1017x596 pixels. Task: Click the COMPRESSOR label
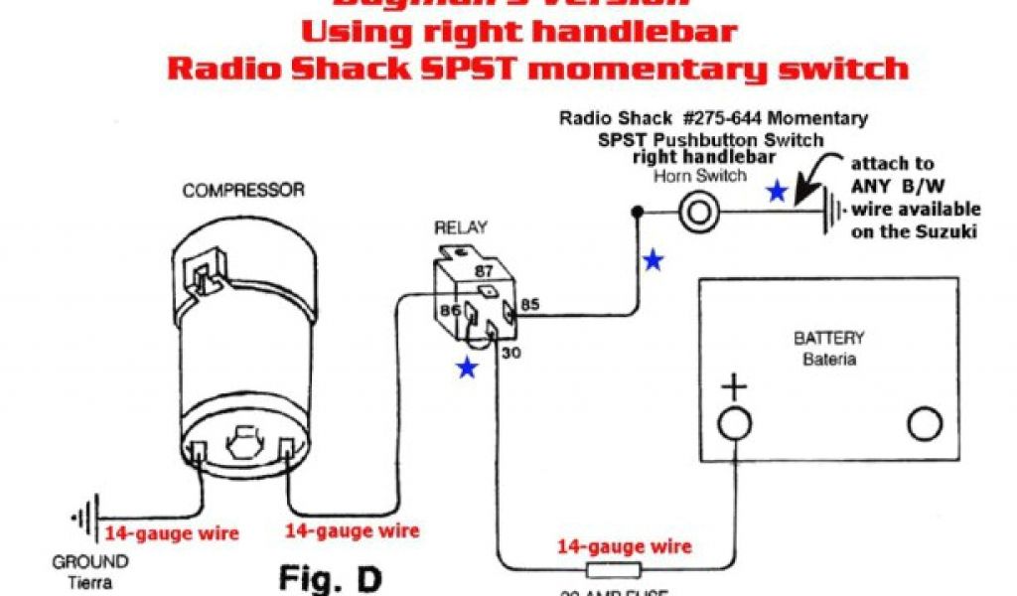pos(243,190)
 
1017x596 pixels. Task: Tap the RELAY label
pos(461,228)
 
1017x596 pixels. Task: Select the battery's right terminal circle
pos(925,424)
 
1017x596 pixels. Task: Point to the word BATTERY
pos(829,339)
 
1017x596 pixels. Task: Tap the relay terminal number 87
pos(484,270)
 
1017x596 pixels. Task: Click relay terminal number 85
pos(530,305)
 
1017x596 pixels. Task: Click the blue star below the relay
pos(466,369)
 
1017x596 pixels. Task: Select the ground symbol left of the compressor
pos(86,518)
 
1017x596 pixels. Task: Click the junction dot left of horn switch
pos(637,211)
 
